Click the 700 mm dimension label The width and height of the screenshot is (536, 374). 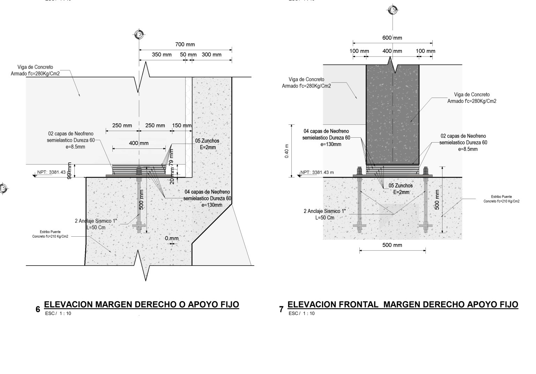coord(185,44)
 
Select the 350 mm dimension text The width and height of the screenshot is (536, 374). coord(162,54)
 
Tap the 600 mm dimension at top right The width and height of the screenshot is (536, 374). coord(392,38)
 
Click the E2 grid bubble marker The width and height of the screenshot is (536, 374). coord(139,35)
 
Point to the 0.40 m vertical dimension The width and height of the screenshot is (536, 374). coord(286,151)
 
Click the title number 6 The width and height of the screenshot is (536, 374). coord(38,309)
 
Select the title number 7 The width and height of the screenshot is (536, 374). coord(281,309)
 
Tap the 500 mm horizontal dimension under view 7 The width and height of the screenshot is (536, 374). coord(392,245)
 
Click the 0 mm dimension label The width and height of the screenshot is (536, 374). coord(172,238)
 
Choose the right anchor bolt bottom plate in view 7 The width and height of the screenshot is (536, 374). coord(425,226)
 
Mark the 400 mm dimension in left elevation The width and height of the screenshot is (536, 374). coord(139,143)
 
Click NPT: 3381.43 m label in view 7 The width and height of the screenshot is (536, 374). coord(317,172)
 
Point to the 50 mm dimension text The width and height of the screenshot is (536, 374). coord(188,54)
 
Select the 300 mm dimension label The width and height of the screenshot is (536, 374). coord(211,54)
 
